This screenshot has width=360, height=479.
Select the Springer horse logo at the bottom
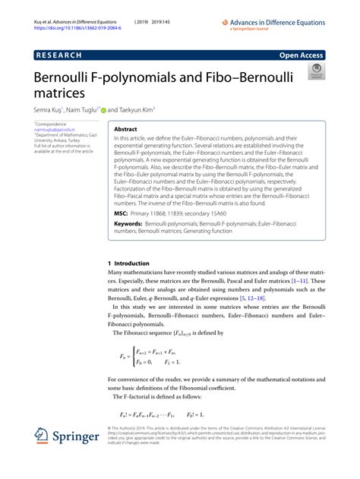click(43, 439)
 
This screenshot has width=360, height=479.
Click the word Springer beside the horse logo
click(79, 438)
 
